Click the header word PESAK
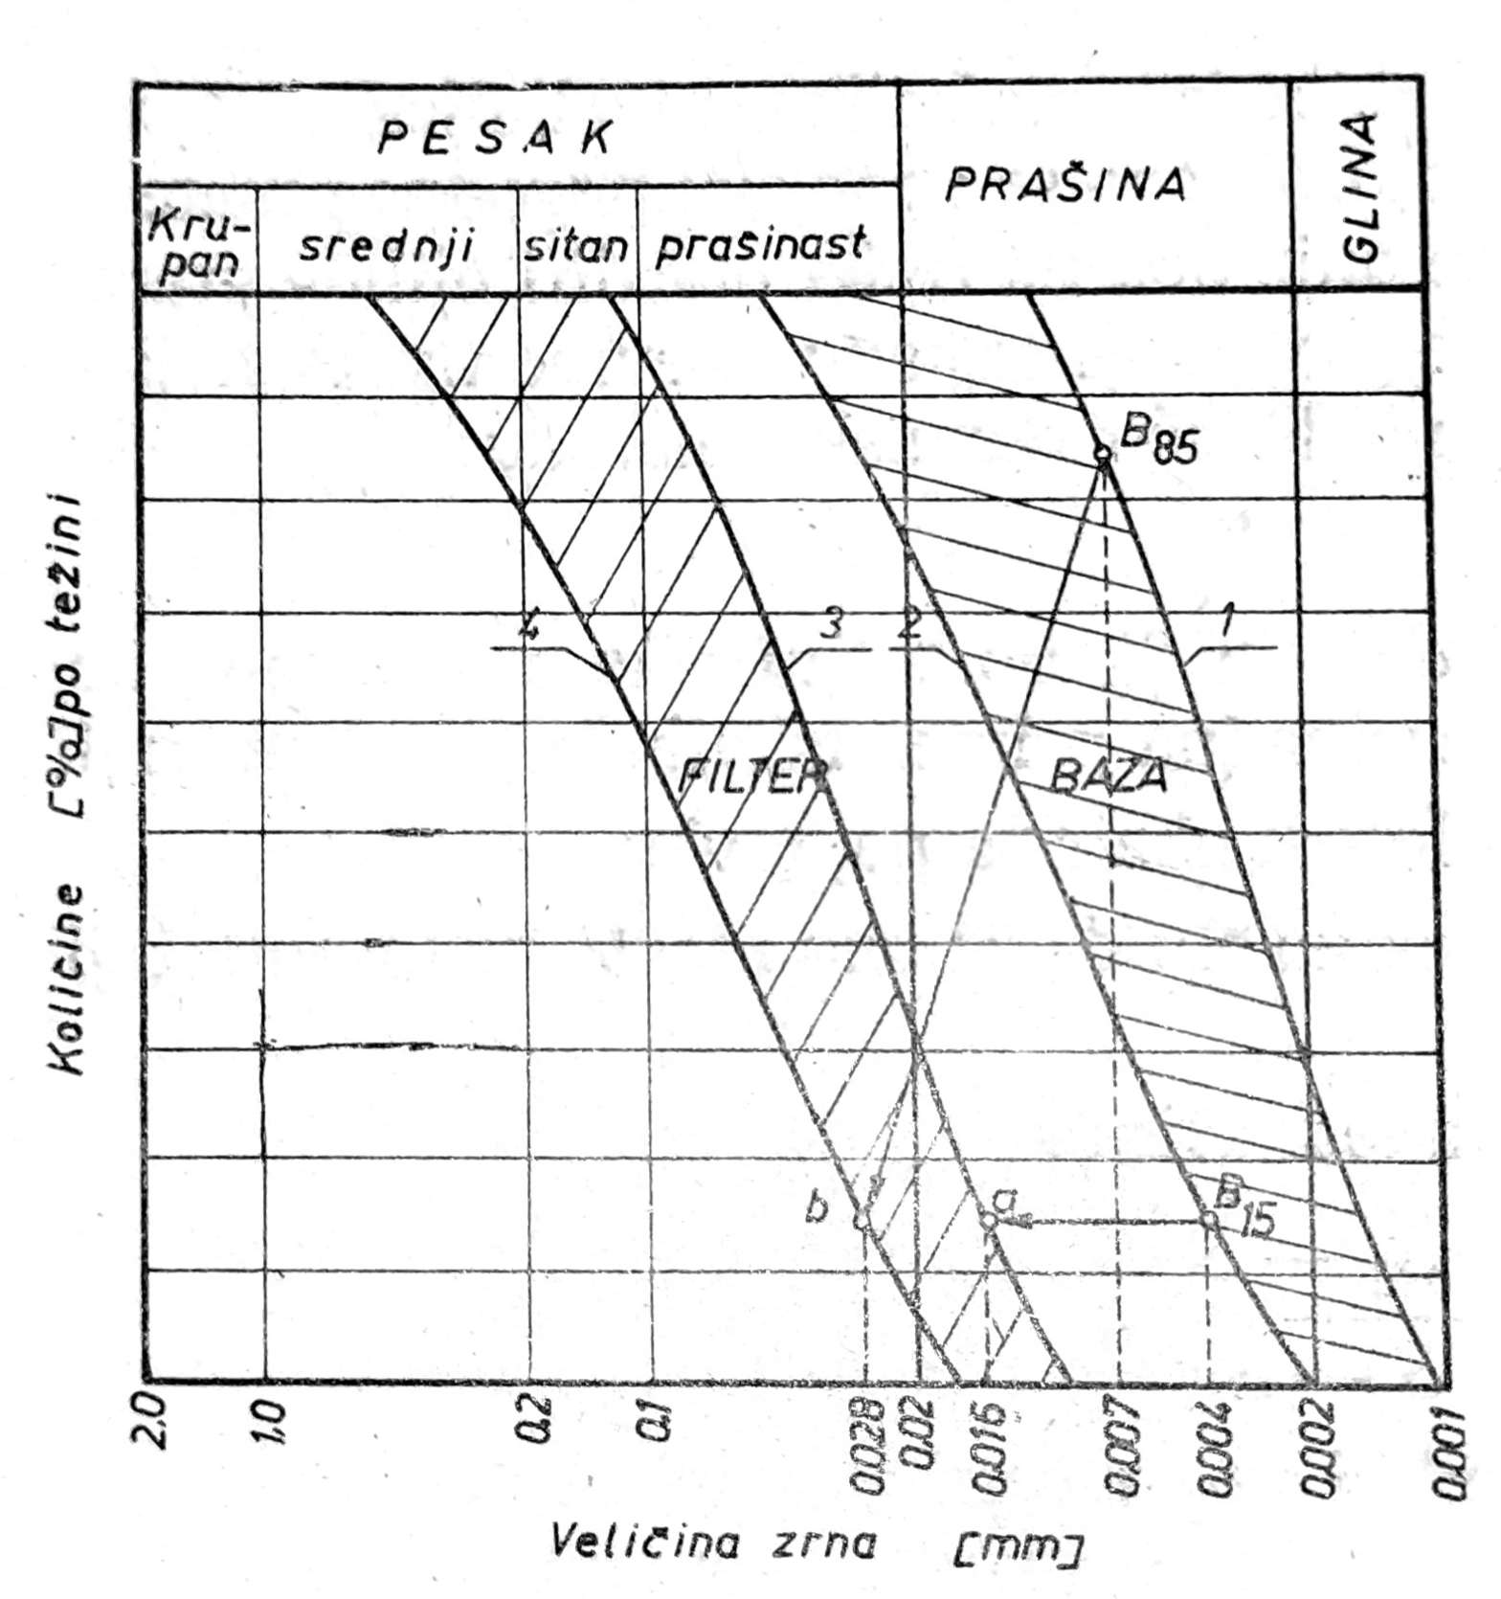[x=494, y=140]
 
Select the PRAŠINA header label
[x=1064, y=186]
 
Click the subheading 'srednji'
[x=387, y=246]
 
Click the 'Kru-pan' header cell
[x=199, y=243]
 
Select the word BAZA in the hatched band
[x=1109, y=777]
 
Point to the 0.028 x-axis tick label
[x=866, y=1446]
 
